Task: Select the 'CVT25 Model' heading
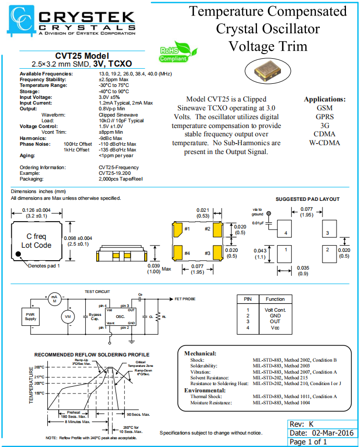(82, 56)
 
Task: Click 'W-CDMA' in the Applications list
(324, 143)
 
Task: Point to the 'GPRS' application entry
(324, 116)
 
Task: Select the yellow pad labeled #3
(217, 253)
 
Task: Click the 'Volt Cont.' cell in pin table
(275, 310)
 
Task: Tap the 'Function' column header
(275, 299)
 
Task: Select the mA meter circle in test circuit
(54, 299)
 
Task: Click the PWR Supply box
(31, 316)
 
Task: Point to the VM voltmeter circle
(67, 316)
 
